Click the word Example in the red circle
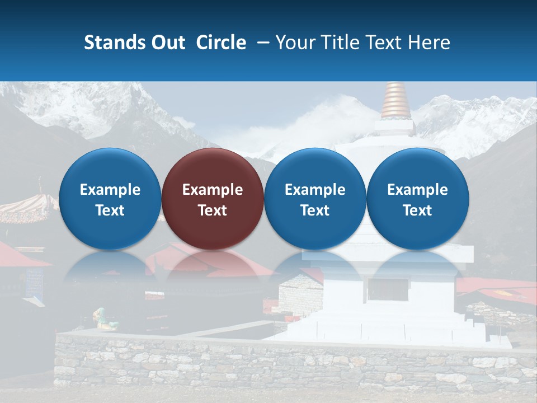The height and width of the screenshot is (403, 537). click(x=213, y=190)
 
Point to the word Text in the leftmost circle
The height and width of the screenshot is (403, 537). click(x=110, y=210)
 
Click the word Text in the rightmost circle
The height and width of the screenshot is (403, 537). click(x=417, y=210)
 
